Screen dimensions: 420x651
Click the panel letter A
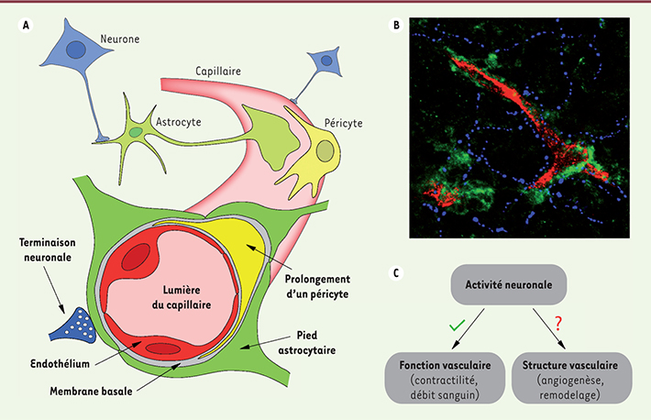(27, 25)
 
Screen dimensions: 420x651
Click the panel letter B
(395, 25)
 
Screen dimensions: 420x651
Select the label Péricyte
(331, 122)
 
